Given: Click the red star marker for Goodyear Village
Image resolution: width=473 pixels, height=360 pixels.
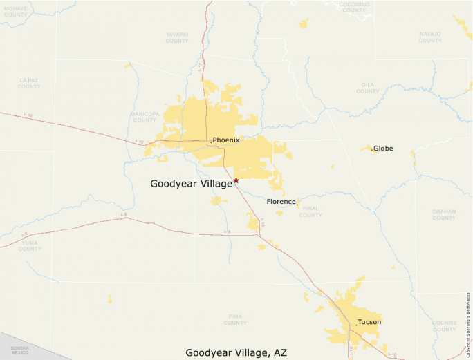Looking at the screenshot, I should coord(236,180).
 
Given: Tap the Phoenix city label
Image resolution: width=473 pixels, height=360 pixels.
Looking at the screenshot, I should coord(226,140).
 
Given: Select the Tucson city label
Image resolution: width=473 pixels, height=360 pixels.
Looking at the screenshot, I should coord(369,322).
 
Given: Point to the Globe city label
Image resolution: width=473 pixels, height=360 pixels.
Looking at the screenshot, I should coord(383,149).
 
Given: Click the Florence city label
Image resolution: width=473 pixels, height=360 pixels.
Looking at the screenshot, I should coord(281,202).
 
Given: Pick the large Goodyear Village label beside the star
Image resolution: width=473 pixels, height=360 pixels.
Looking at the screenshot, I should coord(191,184).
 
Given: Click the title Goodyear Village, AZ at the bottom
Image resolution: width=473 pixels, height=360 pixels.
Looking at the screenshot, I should coord(236,352).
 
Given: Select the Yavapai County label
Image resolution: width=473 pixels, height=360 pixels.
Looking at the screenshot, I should coord(177,37).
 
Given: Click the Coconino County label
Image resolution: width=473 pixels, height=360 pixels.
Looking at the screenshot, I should coord(353,7).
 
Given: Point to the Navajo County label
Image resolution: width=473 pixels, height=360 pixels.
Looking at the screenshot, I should coord(430,37).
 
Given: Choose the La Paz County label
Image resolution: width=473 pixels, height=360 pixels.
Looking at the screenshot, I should coord(29,84).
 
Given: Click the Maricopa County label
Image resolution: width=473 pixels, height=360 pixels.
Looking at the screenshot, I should coord(145,116).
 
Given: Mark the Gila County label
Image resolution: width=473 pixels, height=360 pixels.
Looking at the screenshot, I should coord(367,88).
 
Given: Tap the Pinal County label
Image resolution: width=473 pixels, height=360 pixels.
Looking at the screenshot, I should coord(310,211).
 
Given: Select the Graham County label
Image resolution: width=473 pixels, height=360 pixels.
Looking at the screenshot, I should coord(444,214).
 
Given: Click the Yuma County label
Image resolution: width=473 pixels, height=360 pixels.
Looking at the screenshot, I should coord(30,245).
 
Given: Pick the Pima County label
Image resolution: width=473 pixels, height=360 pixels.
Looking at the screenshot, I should coord(235,319).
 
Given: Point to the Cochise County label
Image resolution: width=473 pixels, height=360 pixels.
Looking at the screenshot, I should coord(444,325).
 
